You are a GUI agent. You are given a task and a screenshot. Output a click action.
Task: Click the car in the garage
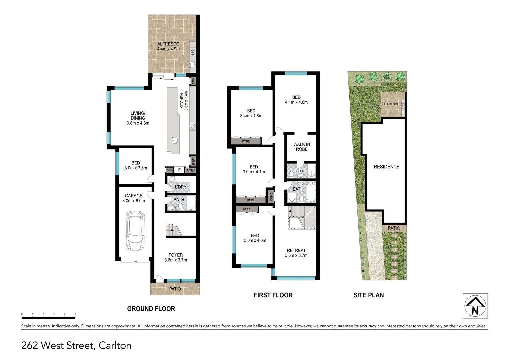[135, 231]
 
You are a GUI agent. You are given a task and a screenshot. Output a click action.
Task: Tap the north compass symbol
[475, 306]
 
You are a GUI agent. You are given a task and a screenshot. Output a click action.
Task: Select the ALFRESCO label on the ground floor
[168, 44]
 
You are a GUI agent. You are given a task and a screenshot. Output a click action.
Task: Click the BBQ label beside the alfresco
[193, 52]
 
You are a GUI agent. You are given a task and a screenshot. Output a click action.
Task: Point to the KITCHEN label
[182, 101]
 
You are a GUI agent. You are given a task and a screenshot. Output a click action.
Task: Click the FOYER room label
[176, 255]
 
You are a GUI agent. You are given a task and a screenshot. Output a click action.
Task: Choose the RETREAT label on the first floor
[296, 250]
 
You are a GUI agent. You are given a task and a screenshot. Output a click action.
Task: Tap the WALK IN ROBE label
[302, 147]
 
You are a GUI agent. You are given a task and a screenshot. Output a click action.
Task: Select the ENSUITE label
[300, 171]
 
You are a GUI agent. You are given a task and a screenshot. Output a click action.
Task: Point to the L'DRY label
[181, 187]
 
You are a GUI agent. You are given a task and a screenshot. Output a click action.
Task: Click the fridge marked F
[179, 170]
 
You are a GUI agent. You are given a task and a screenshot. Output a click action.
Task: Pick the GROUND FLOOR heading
[151, 309]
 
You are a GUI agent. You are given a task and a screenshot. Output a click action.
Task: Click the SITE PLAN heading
[368, 295]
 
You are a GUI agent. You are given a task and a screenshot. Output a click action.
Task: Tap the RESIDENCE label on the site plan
[386, 167]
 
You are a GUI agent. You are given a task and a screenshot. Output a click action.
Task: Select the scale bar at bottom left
[49, 316]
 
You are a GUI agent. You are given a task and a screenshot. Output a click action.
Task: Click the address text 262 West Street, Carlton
[76, 345]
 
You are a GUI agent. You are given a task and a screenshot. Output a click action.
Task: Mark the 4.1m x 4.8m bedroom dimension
[296, 102]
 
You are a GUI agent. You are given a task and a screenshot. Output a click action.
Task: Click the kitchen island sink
[174, 140]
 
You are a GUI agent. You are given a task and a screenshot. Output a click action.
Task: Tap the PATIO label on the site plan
[394, 228]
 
